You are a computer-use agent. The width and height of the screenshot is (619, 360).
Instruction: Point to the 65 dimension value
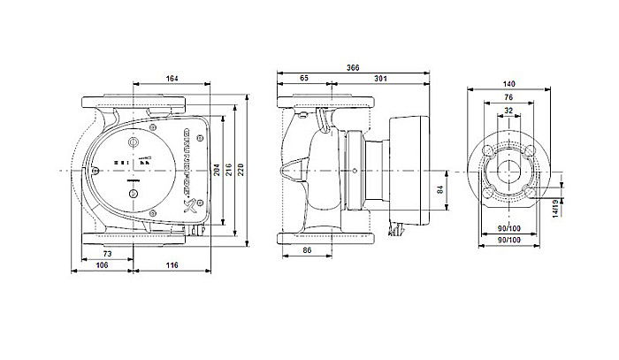305,79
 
